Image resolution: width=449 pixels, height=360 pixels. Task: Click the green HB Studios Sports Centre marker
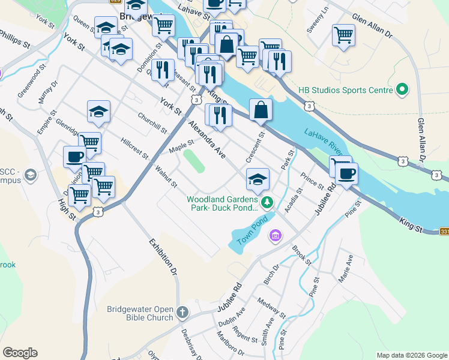click(402, 91)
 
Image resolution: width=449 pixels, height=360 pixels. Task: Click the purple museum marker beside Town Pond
click(276, 235)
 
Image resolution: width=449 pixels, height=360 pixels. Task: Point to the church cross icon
click(182, 313)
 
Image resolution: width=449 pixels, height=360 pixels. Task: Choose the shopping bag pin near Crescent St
click(261, 110)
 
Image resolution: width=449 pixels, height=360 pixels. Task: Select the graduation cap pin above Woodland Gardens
click(258, 179)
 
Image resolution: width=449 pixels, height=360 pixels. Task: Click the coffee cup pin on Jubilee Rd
click(346, 173)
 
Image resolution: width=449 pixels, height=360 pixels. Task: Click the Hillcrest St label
click(134, 146)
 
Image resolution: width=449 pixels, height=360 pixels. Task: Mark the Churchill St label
click(152, 122)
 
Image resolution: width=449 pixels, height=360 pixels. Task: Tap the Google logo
click(20, 353)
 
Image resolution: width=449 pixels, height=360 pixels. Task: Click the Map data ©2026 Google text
click(412, 355)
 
